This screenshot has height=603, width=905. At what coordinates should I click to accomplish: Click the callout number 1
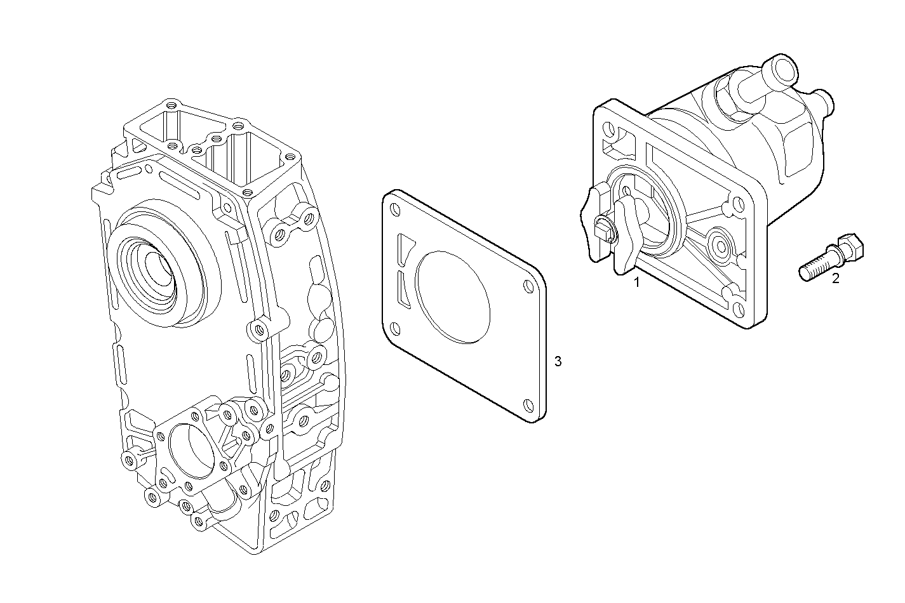(636, 282)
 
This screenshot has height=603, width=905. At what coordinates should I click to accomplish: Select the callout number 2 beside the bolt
(836, 278)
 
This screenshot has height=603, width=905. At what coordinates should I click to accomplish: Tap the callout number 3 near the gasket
(558, 362)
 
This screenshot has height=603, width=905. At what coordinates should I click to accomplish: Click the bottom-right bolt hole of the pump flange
(739, 310)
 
